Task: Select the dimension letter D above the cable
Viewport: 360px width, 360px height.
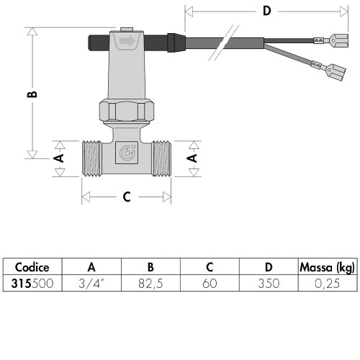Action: click(266, 12)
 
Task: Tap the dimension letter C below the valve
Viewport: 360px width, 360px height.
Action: click(127, 196)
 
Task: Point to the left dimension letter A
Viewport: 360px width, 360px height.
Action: click(60, 156)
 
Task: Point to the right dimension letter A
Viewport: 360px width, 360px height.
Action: click(192, 156)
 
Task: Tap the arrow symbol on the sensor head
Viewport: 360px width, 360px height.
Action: click(127, 42)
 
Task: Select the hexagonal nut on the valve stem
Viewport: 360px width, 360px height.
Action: click(127, 112)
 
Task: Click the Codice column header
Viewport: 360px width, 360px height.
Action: click(32, 268)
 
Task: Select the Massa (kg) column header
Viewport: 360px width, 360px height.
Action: click(327, 268)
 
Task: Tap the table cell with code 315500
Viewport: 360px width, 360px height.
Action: click(32, 283)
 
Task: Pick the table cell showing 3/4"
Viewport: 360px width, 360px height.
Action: click(91, 283)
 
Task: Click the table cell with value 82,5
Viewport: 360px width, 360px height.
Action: click(150, 283)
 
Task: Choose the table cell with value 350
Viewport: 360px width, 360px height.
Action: click(268, 283)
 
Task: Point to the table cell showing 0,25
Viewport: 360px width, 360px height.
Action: click(327, 283)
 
